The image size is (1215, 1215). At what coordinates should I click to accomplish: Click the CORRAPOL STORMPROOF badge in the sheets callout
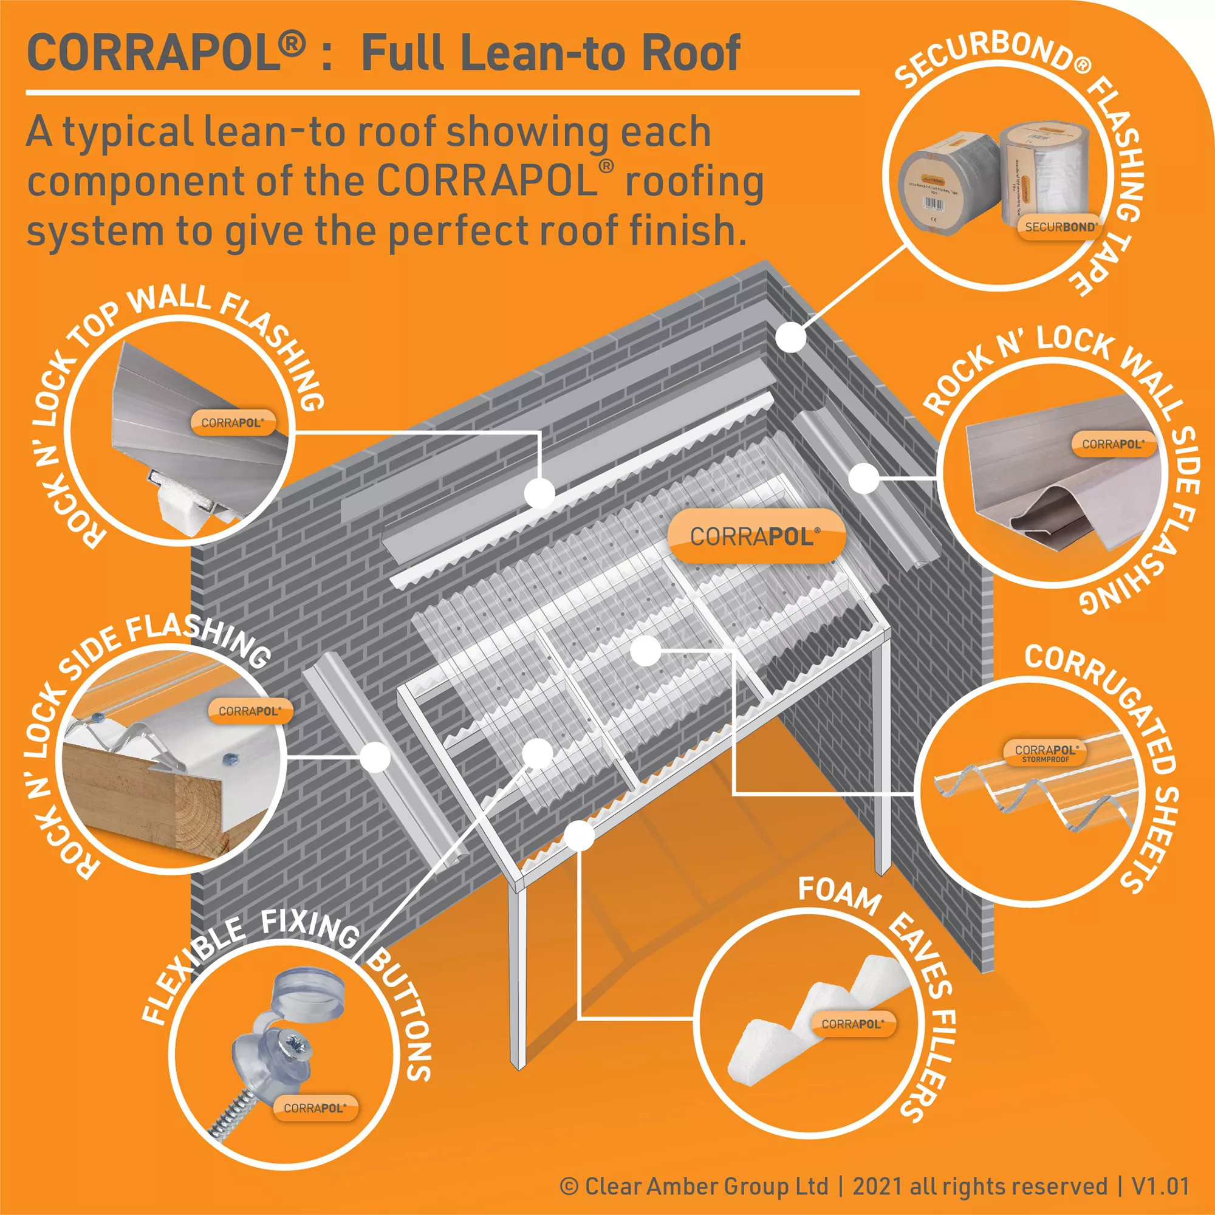coord(1046,753)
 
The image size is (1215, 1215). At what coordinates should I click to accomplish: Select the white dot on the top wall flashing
coord(539,493)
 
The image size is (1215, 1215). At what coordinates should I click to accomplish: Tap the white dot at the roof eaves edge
coord(579,836)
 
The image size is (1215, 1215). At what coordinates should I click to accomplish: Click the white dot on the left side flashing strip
coord(375,756)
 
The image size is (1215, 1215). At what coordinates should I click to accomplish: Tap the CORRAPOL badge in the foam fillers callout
coord(852,1024)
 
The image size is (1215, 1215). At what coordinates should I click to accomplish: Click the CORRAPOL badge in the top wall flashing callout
coord(232,423)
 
